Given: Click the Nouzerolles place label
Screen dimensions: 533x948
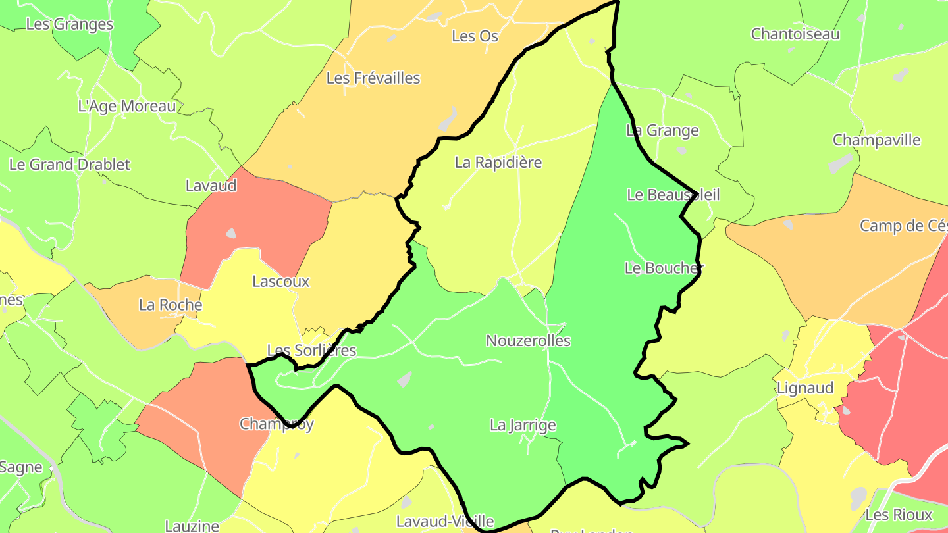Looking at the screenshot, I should tap(528, 341).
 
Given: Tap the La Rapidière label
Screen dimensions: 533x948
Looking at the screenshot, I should tap(498, 163).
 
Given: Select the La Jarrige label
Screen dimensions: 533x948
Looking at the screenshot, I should tap(523, 426).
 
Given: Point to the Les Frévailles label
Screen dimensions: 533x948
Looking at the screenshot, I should tap(373, 78).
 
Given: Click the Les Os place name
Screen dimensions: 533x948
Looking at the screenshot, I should tap(475, 36).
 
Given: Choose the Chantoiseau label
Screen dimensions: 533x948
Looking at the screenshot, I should tap(795, 34).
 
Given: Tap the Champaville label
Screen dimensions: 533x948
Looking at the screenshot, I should tap(876, 140).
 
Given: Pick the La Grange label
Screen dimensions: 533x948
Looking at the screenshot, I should tap(662, 130).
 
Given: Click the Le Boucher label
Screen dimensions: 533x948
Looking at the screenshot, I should tap(664, 268).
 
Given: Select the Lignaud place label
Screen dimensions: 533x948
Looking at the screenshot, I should tap(805, 388).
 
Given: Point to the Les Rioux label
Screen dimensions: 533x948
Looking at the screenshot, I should tap(899, 515).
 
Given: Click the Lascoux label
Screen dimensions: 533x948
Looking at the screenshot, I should tap(281, 282).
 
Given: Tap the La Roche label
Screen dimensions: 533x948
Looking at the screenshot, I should tap(171, 305).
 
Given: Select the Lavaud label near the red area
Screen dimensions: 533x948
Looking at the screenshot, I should tap(211, 186).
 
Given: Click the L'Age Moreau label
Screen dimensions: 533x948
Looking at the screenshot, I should tap(127, 106).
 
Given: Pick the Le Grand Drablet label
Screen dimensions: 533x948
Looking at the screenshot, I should tap(70, 165).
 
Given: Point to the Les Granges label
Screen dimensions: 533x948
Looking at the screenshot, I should tap(70, 24).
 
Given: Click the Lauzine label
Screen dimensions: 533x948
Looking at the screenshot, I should tap(192, 526).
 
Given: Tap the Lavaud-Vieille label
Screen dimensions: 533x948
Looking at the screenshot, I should tap(445, 522).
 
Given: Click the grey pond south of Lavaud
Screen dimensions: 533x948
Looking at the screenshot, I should tap(230, 233).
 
